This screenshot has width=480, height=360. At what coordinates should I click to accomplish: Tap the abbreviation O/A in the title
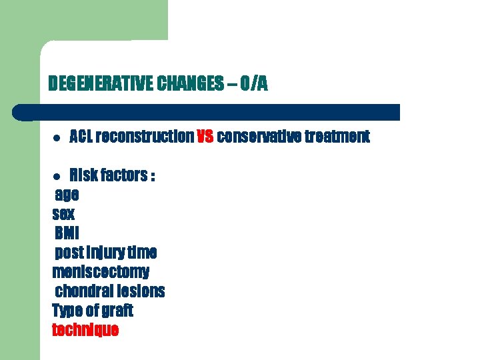tap(254, 84)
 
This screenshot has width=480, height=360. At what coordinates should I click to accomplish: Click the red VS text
tap(205, 137)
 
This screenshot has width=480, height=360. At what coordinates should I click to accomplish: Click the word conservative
tap(259, 137)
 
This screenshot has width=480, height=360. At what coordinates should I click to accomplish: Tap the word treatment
tap(337, 137)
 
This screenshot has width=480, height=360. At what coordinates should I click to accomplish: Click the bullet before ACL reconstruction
tap(57, 138)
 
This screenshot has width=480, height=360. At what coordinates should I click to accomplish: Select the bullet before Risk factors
tap(57, 177)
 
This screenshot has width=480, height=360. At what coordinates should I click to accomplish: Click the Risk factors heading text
tap(113, 176)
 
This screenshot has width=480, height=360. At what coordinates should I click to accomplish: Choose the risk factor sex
tap(63, 215)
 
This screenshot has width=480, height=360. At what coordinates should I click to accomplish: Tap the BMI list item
tap(67, 234)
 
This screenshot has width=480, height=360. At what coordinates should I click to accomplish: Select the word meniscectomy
tap(101, 273)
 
